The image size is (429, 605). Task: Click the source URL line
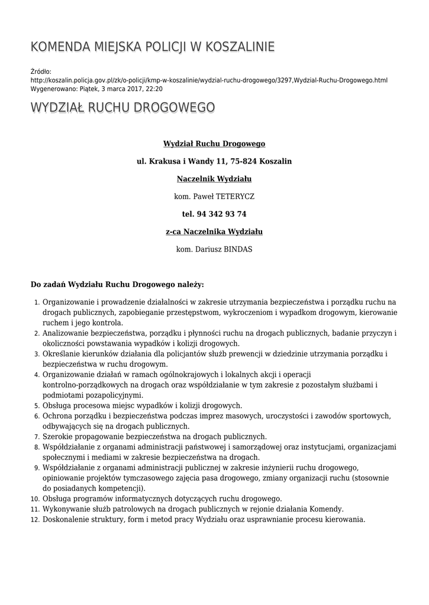pos(209,80)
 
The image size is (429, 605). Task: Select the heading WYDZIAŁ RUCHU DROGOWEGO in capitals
pos(122,108)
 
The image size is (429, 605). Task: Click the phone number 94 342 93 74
pos(222,213)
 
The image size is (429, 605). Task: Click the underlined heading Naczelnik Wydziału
pos(214,178)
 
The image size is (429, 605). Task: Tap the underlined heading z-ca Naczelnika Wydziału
pos(214,231)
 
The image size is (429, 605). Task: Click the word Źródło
pos(41,71)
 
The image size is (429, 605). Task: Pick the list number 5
pos(36,406)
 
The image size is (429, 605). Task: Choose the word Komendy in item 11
pos(328,509)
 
